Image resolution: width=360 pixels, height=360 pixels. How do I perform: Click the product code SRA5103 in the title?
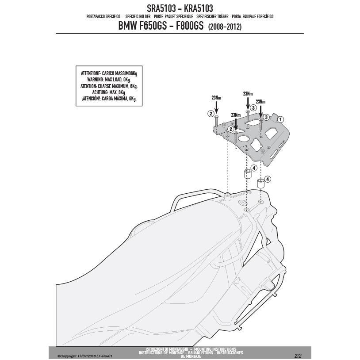[161, 8]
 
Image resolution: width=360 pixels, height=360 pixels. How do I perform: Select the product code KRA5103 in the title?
[199, 8]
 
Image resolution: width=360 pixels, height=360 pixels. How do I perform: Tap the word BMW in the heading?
[127, 26]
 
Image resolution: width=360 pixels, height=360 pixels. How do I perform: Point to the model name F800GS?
[190, 26]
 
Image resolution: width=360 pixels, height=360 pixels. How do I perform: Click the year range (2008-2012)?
[225, 27]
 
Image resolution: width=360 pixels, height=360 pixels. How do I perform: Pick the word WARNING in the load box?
[95, 80]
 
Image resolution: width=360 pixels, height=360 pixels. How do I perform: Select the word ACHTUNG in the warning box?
[100, 92]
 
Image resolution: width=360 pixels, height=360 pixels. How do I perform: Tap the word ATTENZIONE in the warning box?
[91, 73]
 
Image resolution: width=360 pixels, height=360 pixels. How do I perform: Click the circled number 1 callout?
[280, 119]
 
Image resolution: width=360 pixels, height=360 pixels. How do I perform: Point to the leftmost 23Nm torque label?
[216, 98]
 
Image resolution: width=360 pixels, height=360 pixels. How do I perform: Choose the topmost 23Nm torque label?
[248, 94]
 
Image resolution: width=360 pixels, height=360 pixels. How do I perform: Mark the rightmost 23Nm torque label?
[260, 101]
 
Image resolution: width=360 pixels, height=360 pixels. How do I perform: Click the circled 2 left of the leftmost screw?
[211, 113]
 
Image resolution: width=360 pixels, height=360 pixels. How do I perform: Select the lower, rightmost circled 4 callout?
[268, 179]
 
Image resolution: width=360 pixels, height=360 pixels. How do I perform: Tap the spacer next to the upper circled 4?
[248, 174]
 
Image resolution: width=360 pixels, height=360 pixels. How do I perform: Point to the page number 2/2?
[298, 356]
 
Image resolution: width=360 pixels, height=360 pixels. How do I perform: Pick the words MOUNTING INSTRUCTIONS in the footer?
[216, 349]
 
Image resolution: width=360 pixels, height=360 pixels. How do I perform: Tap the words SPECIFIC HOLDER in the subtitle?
[138, 16]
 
